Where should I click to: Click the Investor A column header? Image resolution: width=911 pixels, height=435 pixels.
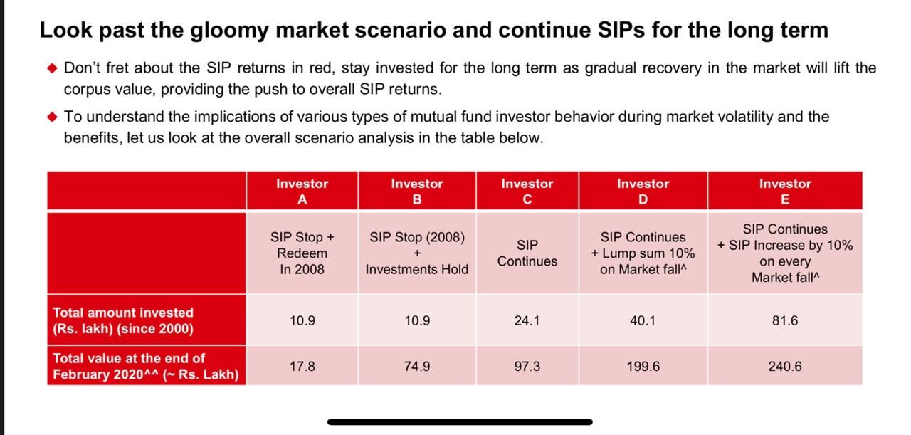point(302,192)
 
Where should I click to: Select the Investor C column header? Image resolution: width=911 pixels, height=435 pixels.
point(527,192)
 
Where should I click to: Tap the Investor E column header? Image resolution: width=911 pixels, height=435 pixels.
point(785,192)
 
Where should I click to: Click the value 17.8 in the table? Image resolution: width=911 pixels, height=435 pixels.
point(302,366)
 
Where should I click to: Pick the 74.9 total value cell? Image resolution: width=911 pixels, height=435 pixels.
point(417,366)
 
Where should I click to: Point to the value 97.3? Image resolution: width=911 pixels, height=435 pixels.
point(527,366)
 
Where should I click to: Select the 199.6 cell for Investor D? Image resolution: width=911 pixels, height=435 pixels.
point(643,366)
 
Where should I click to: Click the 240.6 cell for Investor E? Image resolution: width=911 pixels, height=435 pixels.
point(785,366)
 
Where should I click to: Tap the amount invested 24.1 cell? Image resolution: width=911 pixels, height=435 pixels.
point(527,320)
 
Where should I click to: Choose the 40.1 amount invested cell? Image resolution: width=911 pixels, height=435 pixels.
point(643,320)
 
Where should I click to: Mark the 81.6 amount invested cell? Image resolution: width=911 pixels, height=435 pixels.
point(785,320)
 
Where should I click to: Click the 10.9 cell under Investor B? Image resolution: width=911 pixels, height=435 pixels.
point(417,320)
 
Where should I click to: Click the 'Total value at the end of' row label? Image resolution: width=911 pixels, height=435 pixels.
point(146,366)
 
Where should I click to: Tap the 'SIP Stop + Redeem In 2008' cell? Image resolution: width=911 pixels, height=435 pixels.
point(302,253)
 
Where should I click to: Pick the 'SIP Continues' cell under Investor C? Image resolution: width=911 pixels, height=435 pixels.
point(527,253)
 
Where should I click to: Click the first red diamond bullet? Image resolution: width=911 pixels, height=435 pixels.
point(53,68)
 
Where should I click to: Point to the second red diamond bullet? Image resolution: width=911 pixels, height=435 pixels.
point(53,117)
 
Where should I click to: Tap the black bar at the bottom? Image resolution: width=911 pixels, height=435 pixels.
point(460,422)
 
